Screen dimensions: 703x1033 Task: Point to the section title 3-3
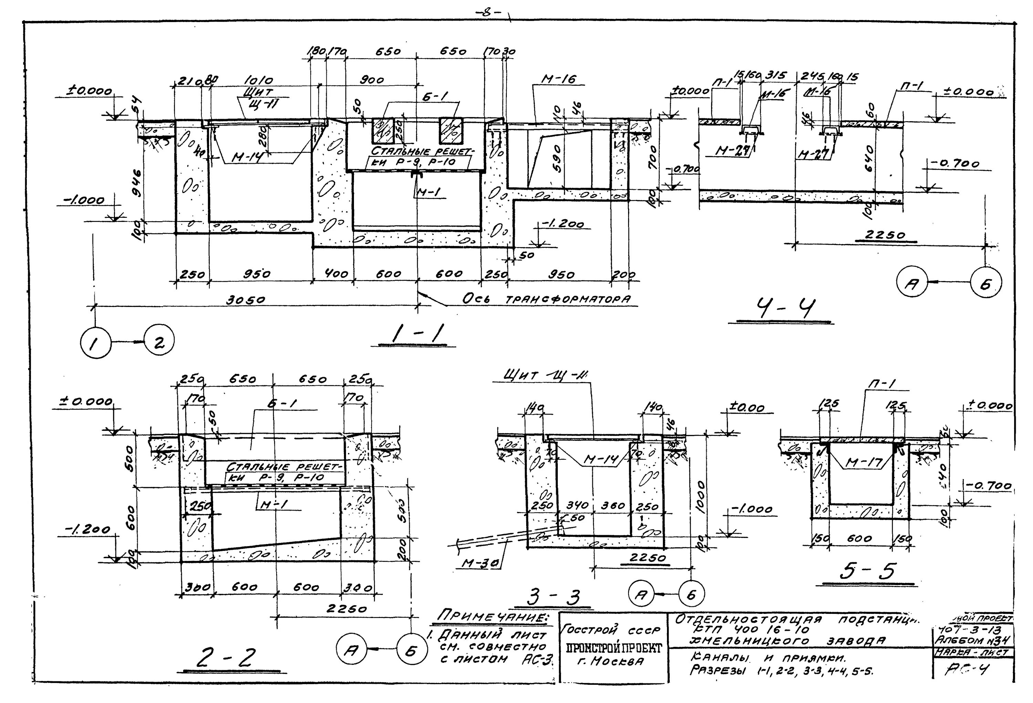click(554, 597)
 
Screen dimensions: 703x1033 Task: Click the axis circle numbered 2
click(159, 342)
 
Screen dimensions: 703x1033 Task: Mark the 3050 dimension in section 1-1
click(246, 300)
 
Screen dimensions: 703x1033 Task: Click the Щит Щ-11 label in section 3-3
click(544, 376)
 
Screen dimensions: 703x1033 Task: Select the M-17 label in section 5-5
click(864, 463)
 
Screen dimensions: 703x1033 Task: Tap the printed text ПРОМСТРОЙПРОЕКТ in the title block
click(613, 648)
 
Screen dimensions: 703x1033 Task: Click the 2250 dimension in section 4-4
click(885, 235)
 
